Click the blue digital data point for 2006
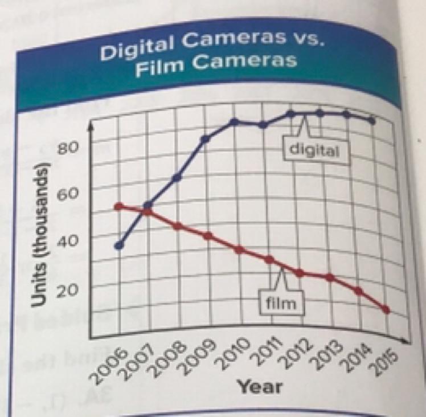[119, 246]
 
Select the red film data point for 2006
[118, 206]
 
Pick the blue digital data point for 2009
[206, 138]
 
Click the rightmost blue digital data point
[372, 120]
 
